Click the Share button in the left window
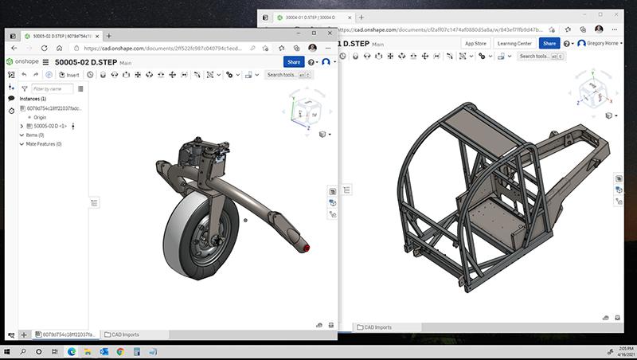click(293, 61)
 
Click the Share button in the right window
click(549, 43)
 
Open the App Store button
click(475, 43)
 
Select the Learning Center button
click(514, 43)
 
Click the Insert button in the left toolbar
click(69, 75)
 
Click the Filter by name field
click(53, 88)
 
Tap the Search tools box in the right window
click(537, 57)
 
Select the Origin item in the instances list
click(40, 117)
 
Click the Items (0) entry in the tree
click(36, 135)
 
